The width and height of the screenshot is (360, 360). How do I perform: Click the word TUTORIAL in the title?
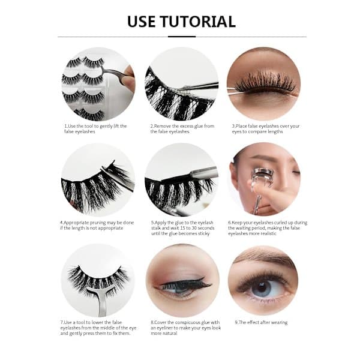tap(198, 22)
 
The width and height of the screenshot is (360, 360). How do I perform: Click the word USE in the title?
tap(141, 22)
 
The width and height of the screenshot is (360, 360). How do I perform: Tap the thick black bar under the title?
tap(182, 36)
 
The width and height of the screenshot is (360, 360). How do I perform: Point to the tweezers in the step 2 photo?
tap(199, 86)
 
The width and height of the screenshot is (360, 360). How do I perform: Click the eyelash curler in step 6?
tap(259, 186)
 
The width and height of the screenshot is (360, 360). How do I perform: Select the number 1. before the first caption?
tap(66, 126)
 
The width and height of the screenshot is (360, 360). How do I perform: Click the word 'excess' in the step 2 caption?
tap(187, 126)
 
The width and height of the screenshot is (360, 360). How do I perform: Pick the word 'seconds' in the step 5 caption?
tap(206, 228)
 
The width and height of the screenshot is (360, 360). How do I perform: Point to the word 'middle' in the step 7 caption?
tap(109, 328)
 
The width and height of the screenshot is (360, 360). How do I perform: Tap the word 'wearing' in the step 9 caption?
tap(279, 323)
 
